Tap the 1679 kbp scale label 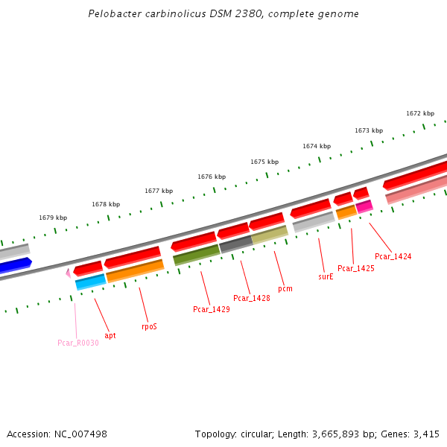coord(53,218)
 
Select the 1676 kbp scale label coord(212,177)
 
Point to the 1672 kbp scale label coord(420,114)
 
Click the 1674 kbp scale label coord(317,147)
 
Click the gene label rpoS coord(149,326)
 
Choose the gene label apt coord(110,335)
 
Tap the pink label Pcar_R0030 coord(78,343)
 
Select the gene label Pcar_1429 coord(212,309)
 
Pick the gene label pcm coord(285,288)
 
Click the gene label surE coord(326,276)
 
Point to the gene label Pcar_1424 coord(393,256)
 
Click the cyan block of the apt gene coord(90,282)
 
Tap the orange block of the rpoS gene coord(135,270)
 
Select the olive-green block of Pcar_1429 coord(196,254)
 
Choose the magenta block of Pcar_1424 coord(364,206)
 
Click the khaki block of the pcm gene coord(269,235)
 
